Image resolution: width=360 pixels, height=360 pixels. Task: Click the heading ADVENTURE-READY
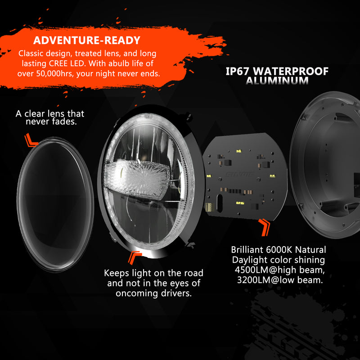pyautogui.click(x=87, y=40)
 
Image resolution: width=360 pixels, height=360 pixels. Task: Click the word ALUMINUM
pyautogui.click(x=277, y=81)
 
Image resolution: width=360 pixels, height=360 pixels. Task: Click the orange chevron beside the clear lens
pyautogui.click(x=31, y=140)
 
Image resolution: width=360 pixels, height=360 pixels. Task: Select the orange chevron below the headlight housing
pyautogui.click(x=134, y=257)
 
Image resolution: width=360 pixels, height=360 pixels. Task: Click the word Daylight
pyautogui.click(x=253, y=260)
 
